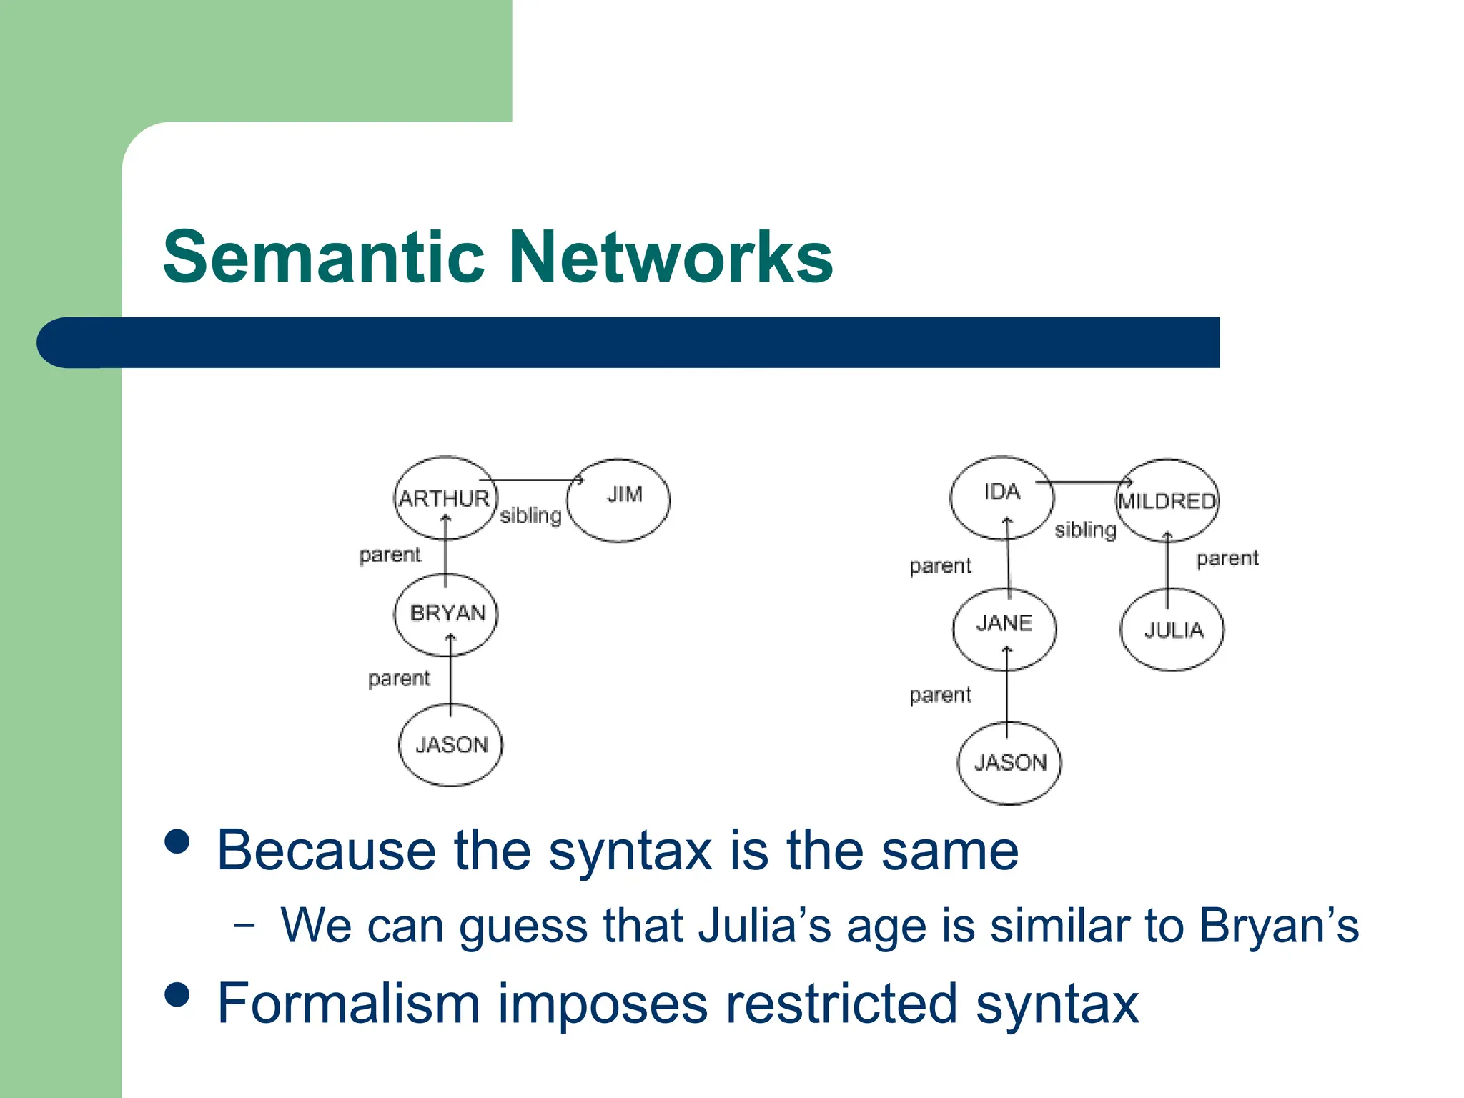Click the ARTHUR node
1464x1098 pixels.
click(445, 498)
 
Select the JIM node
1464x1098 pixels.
click(619, 500)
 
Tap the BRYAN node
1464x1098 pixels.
click(446, 614)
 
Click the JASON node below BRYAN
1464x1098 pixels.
click(450, 745)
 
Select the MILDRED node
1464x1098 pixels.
click(1167, 500)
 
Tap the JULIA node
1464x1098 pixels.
click(1172, 630)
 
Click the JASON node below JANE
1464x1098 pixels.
click(1009, 763)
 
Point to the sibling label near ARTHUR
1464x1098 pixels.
click(530, 515)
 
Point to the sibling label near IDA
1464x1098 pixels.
click(1085, 530)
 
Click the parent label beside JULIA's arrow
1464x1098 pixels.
click(1227, 558)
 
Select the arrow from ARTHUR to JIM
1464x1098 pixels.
click(533, 480)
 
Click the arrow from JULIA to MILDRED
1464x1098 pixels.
click(1167, 568)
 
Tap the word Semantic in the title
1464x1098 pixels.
click(324, 257)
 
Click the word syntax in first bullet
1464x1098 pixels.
click(630, 851)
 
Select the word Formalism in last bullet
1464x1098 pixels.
click(348, 1004)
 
